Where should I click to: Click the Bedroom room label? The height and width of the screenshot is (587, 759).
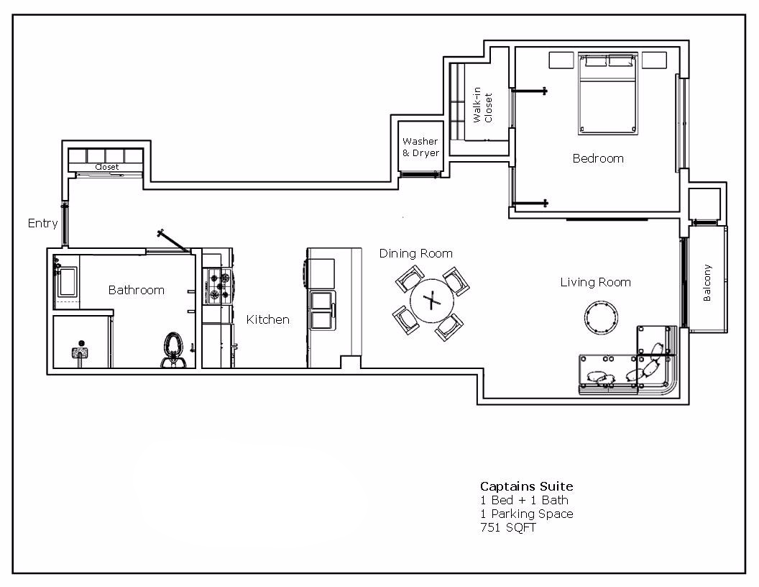pos(597,158)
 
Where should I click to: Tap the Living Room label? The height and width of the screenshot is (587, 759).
pos(595,283)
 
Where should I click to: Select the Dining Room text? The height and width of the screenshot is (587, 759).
pos(415,253)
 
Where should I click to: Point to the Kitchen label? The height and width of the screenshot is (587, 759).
pos(267,319)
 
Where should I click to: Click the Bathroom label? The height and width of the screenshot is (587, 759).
pos(136,290)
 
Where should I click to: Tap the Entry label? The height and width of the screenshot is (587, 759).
pos(42,223)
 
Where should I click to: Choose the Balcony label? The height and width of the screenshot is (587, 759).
pos(707,283)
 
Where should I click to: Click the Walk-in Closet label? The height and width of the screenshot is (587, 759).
pos(482,107)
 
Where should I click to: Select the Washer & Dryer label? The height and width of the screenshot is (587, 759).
pos(420,147)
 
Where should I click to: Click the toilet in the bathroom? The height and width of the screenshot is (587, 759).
pos(172,348)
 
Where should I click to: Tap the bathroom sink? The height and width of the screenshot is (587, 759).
pos(68,281)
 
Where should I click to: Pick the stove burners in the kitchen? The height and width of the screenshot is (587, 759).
pos(218,285)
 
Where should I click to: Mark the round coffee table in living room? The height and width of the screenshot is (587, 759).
pos(601,317)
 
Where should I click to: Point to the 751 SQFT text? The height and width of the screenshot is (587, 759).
pos(507,527)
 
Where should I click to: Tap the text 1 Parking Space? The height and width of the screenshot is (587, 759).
pos(526,514)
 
